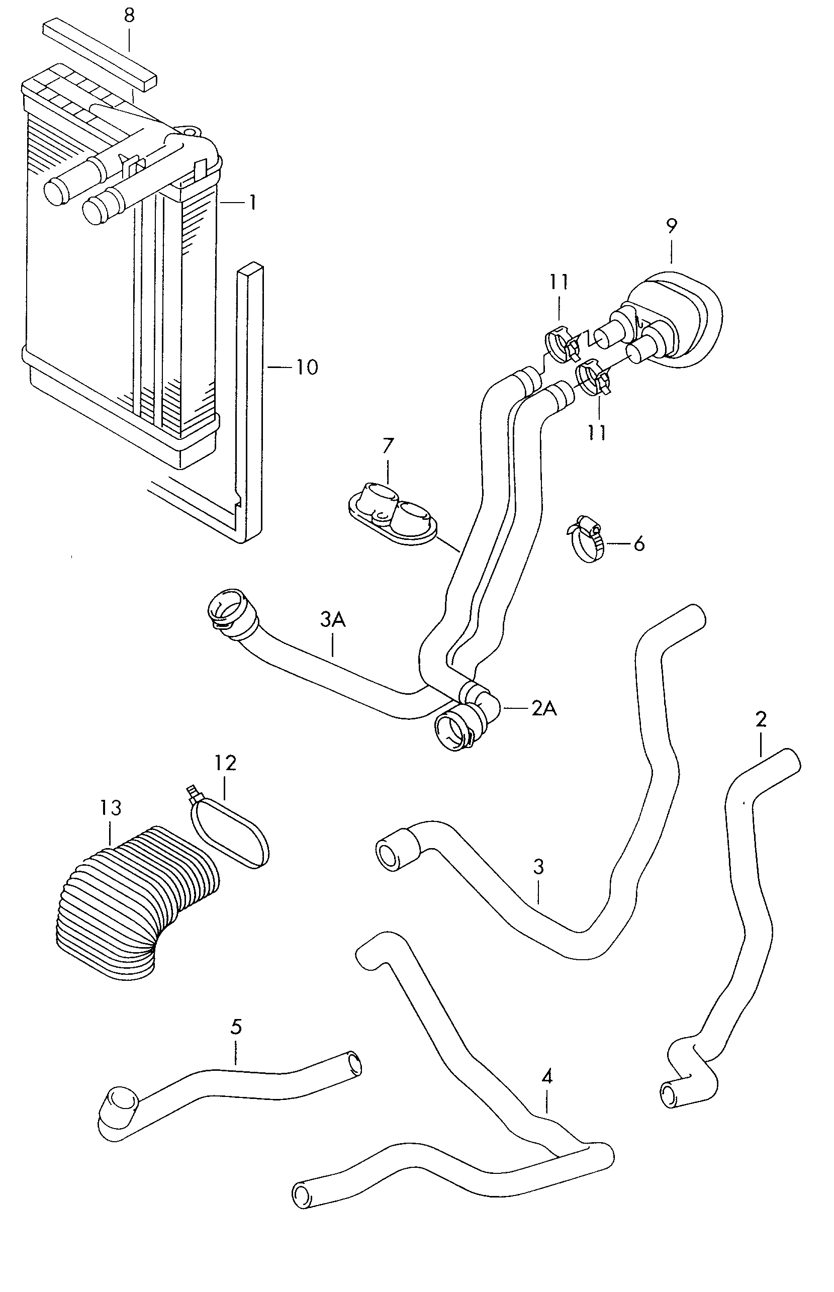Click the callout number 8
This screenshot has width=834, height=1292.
coord(129,16)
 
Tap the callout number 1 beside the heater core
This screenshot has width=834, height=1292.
coord(252,203)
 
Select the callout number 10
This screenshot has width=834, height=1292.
coord(307,367)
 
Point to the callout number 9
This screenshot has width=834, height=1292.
coord(672,225)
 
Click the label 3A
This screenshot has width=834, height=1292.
coord(332,619)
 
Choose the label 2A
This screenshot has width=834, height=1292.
coord(544,708)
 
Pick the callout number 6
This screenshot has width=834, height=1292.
coord(639,543)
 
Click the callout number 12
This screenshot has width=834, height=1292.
coord(225,763)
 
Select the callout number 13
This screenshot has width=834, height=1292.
coord(110,808)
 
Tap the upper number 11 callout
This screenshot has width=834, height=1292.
coord(559,282)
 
